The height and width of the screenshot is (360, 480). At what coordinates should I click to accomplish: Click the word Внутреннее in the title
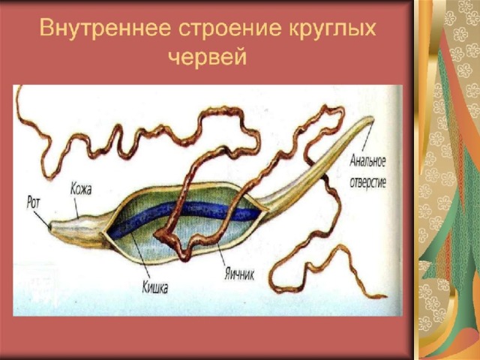105,28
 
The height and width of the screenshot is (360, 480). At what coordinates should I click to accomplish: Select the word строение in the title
229,28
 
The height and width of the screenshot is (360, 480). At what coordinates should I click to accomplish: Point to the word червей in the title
208,57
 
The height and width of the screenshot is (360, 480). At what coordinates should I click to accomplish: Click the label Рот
33,202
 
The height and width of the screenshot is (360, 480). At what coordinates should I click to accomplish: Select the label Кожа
81,189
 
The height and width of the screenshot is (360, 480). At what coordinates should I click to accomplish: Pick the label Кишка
155,287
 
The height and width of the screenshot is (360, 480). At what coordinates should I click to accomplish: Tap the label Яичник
239,274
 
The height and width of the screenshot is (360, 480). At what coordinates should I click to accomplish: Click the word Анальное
367,162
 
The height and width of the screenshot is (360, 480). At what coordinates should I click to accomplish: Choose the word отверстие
367,182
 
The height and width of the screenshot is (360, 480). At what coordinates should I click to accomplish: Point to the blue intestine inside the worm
184,216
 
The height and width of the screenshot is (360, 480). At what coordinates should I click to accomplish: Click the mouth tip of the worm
50,226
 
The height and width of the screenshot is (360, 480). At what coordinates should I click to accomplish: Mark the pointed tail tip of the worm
372,118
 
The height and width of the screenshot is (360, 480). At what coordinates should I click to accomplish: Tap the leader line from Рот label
42,219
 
